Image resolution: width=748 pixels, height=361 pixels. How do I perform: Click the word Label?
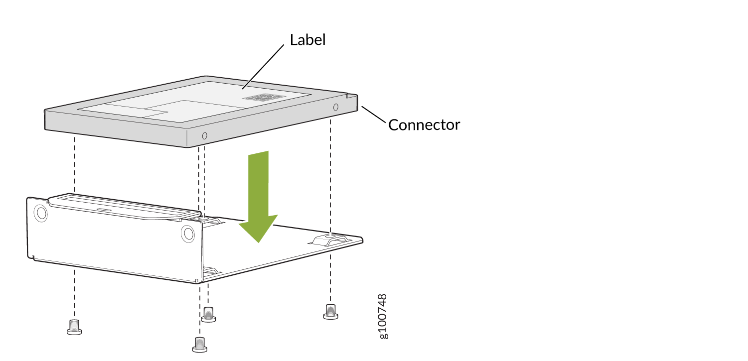(307, 40)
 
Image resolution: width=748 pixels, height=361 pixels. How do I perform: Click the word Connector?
(424, 125)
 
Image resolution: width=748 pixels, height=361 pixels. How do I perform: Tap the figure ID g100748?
(383, 316)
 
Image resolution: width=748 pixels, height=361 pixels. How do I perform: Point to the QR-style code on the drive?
(264, 98)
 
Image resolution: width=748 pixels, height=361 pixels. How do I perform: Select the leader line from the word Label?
(263, 67)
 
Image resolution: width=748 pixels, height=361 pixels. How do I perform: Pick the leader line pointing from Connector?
(373, 115)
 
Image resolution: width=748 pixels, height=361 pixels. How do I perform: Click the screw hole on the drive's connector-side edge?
(335, 107)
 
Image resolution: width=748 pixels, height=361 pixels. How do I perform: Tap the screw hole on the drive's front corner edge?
(205, 136)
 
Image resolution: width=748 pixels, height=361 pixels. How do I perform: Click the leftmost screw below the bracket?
(74, 327)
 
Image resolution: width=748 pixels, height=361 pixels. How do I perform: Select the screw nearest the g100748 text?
(330, 312)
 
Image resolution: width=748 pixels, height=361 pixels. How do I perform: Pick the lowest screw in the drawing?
(200, 345)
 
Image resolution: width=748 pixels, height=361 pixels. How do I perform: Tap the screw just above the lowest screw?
(208, 315)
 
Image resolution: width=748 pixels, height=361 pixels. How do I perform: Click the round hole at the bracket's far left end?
(41, 213)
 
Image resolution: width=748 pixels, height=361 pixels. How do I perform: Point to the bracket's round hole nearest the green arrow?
(188, 233)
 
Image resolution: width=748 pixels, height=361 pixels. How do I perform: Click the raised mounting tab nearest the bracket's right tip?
(329, 239)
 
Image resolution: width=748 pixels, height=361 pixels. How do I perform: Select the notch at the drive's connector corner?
(352, 96)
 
